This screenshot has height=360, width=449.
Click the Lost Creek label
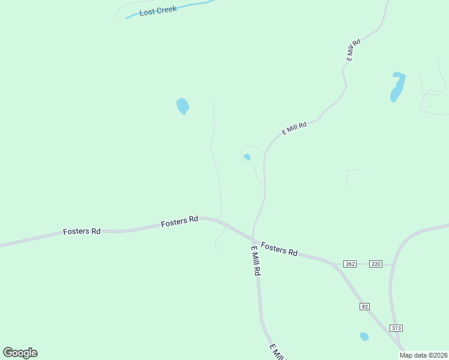tap(158, 11)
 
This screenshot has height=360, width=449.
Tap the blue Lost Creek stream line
tap(192, 5)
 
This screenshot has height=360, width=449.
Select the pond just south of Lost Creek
tap(182, 106)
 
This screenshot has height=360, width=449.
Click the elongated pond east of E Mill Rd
tap(397, 87)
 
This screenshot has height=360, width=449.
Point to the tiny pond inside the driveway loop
tap(247, 157)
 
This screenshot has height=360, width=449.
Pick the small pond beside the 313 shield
tap(364, 337)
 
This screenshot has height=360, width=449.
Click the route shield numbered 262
tap(351, 264)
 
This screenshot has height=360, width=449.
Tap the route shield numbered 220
tap(376, 264)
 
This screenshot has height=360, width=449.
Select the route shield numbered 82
tap(365, 306)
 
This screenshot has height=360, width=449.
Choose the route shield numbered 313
tap(396, 328)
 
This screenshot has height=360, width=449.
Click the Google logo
tap(20, 353)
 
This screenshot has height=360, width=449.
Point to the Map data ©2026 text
tap(423, 355)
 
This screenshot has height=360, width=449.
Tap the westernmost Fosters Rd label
tap(82, 231)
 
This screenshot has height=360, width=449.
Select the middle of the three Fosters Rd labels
tap(179, 221)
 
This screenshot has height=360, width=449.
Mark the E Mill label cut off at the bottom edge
tap(277, 352)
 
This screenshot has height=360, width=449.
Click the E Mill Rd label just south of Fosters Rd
tap(256, 260)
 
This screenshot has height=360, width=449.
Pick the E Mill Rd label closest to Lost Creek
tap(353, 50)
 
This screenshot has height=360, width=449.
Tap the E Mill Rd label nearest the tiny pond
tap(294, 128)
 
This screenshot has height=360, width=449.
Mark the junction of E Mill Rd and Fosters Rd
tap(253, 236)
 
